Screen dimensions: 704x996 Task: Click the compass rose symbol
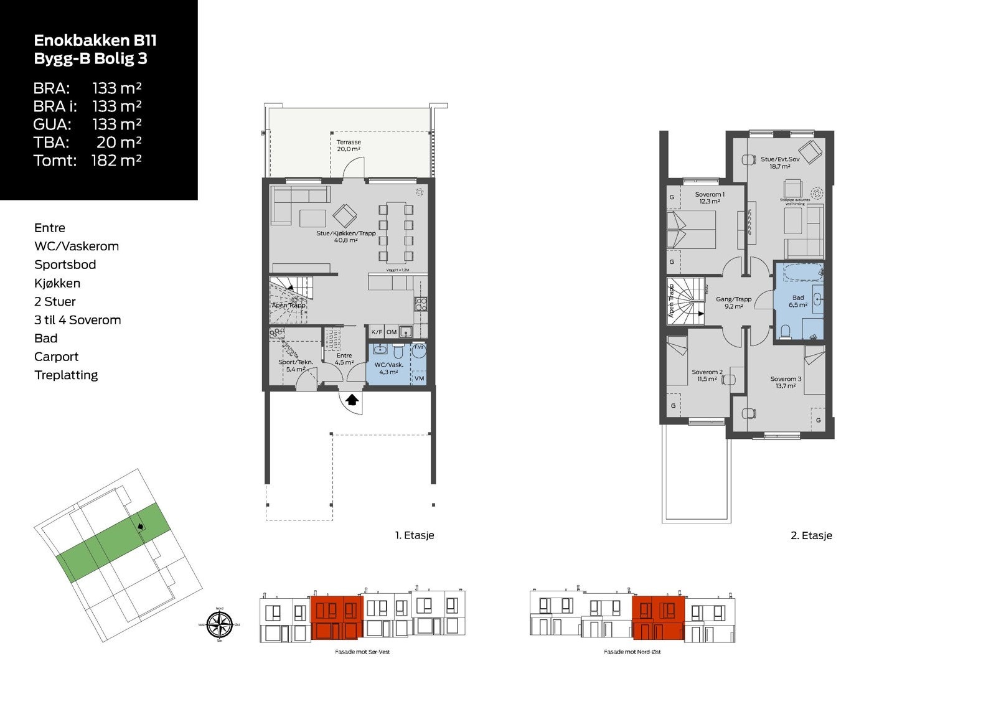219,624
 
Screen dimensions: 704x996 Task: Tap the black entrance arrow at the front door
352,400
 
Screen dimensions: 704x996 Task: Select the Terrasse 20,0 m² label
349,146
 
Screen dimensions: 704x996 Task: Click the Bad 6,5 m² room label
798,301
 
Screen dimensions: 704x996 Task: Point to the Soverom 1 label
710,198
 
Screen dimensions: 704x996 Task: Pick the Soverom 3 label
786,382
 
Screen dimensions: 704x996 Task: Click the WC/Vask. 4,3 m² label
389,368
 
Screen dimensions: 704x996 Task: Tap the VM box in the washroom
419,378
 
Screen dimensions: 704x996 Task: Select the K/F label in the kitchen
377,332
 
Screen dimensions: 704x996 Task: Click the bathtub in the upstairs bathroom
799,273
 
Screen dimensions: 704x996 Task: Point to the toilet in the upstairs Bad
786,331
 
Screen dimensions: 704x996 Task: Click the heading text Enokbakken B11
95,40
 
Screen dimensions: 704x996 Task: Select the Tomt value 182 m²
116,161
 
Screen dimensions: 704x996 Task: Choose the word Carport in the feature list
57,357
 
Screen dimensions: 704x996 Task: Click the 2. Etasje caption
811,535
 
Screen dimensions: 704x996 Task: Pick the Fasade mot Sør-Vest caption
362,652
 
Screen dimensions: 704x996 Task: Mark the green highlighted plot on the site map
113,541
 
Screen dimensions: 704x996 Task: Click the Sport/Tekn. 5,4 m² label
295,365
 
